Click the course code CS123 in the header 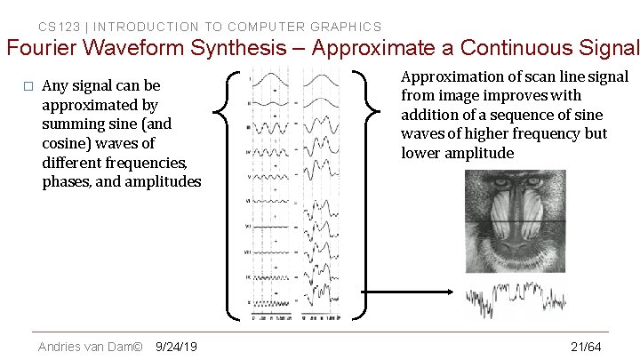57,27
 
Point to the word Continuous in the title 507,49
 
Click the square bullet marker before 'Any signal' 28,86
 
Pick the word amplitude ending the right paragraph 480,153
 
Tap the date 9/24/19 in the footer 176,346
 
